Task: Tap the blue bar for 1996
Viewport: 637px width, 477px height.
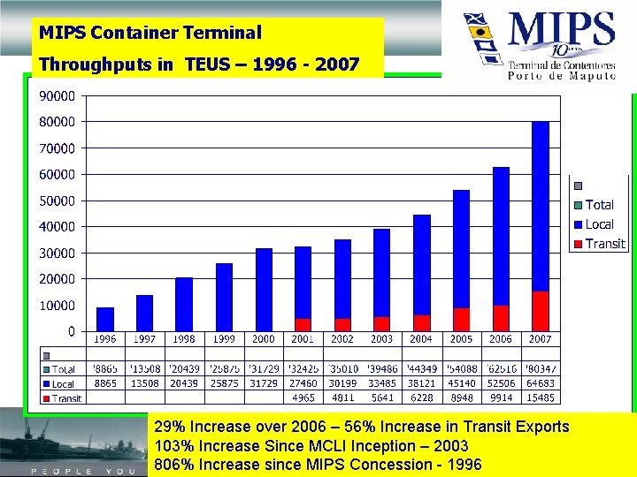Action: [104, 319]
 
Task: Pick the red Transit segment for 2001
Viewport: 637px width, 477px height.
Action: [303, 324]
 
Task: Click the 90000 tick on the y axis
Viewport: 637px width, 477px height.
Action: [56, 95]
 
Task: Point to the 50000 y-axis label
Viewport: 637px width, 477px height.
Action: [56, 201]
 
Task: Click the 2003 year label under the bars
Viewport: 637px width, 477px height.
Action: [381, 339]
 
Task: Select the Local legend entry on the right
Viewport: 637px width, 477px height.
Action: [599, 224]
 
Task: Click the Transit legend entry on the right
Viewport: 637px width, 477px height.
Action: [604, 244]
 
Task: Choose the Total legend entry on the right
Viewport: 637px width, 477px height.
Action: [599, 205]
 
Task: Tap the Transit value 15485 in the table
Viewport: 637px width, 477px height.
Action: [540, 398]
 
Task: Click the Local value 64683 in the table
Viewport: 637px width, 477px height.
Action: [540, 384]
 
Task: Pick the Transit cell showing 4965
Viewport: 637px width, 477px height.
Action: [303, 398]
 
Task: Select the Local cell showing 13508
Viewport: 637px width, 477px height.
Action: [144, 384]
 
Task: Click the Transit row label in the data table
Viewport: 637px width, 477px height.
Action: [66, 398]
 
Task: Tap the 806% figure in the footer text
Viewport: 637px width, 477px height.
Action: [173, 465]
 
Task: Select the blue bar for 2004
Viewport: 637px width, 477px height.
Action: [421, 264]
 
